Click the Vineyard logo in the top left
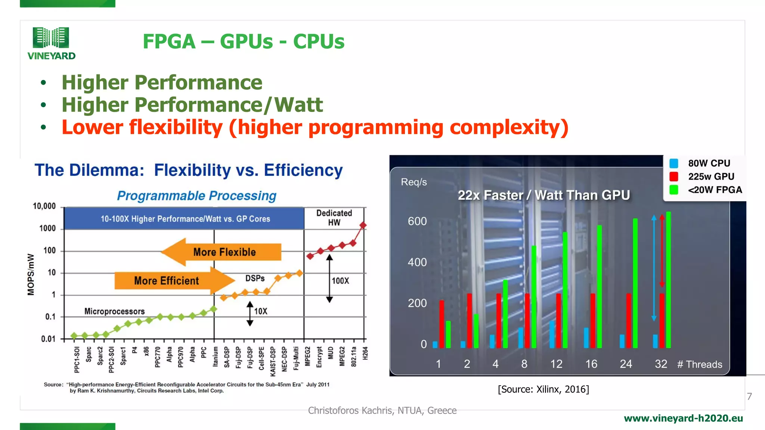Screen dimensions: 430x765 click(x=51, y=43)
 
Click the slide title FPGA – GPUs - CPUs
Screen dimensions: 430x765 click(x=243, y=41)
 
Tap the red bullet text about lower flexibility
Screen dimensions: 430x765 click(x=315, y=127)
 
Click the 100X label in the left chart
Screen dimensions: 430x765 click(x=340, y=281)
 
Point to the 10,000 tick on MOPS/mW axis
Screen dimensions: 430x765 click(x=44, y=206)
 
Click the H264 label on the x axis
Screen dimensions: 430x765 click(x=365, y=353)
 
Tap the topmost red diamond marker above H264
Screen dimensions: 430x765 click(x=363, y=225)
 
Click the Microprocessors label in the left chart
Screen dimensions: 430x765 click(x=114, y=311)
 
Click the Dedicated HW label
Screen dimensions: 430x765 click(x=334, y=218)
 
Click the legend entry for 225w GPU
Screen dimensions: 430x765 click(x=710, y=177)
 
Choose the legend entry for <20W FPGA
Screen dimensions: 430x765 click(x=715, y=190)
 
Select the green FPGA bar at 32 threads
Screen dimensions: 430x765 click(x=668, y=280)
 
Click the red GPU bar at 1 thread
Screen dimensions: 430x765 click(x=442, y=324)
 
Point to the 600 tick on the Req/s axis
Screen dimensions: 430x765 click(x=417, y=221)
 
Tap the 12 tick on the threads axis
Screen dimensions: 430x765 click(x=556, y=364)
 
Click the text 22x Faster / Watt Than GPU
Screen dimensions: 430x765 click(x=543, y=195)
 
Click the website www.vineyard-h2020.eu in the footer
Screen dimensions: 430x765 click(x=683, y=418)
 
